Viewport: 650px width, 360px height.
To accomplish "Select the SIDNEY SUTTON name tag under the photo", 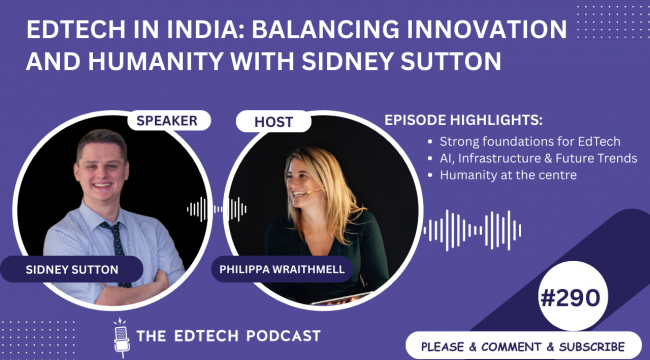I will point(74,268).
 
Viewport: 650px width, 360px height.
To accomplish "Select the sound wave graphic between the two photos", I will point(218,209).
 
